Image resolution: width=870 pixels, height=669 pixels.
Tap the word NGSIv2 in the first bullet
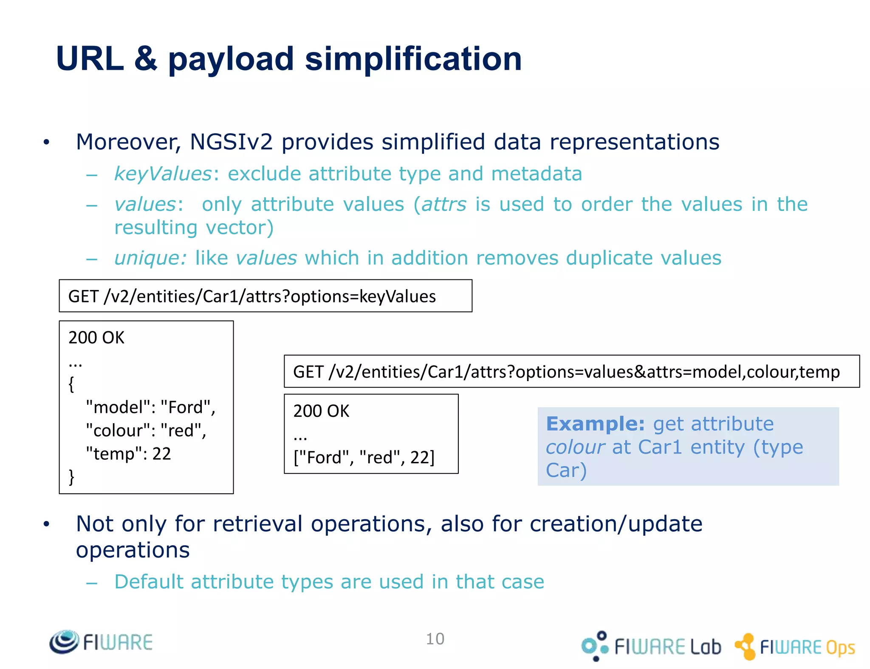pyautogui.click(x=231, y=142)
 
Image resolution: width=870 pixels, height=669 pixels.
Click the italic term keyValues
pyautogui.click(x=163, y=174)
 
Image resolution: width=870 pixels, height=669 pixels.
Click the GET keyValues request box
pyautogui.click(x=265, y=296)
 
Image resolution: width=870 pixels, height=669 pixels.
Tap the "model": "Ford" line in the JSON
pyautogui.click(x=150, y=407)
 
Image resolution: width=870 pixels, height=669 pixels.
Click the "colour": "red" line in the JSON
pyautogui.click(x=146, y=430)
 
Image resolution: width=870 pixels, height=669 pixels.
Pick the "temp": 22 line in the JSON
pyautogui.click(x=128, y=454)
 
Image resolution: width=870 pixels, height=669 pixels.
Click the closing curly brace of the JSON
pyautogui.click(x=71, y=477)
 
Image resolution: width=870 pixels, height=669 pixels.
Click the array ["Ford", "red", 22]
pyautogui.click(x=364, y=458)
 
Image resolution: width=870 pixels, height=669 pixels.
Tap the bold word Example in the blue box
pyautogui.click(x=595, y=424)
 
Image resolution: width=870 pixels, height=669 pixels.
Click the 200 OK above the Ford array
pyautogui.click(x=321, y=411)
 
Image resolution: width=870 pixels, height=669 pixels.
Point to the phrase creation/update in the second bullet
pyautogui.click(x=616, y=524)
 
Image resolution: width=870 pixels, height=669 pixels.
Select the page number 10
pyautogui.click(x=435, y=639)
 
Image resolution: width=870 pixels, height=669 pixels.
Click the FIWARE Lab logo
pyautogui.click(x=651, y=646)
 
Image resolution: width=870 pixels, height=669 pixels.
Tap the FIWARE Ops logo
pyautogui.click(x=794, y=647)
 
